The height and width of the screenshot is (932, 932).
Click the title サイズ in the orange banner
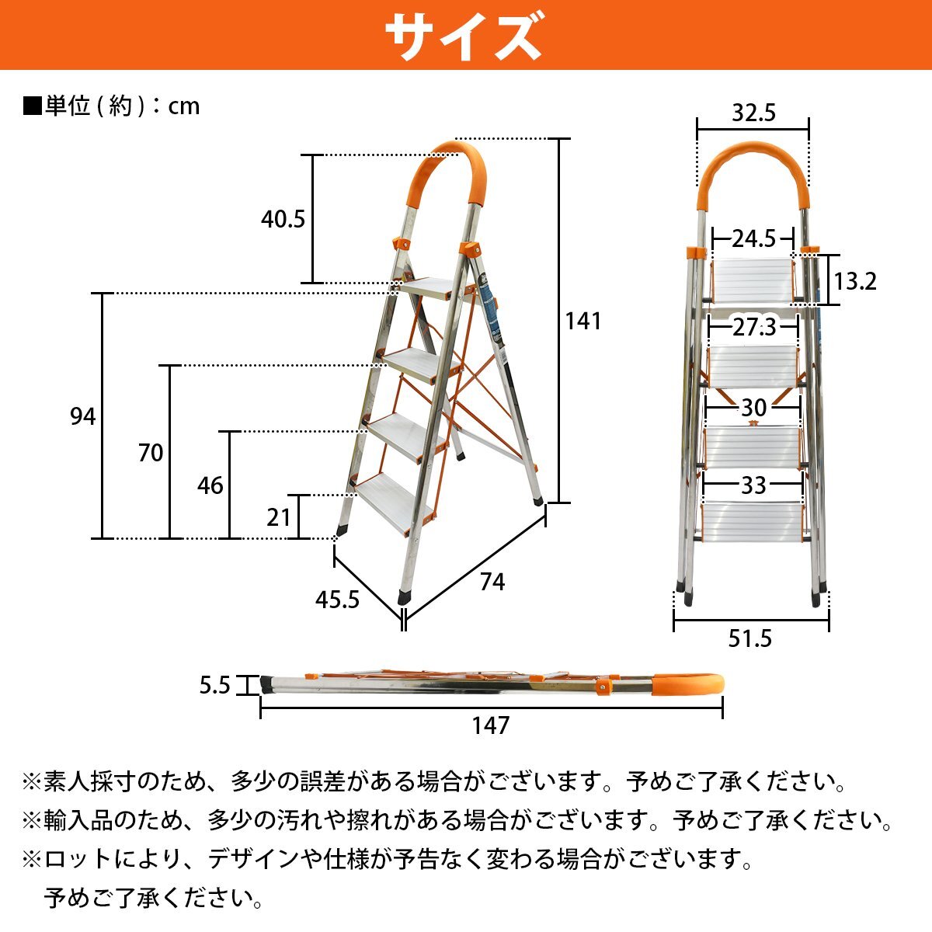(x=464, y=35)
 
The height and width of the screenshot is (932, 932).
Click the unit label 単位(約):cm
(x=113, y=106)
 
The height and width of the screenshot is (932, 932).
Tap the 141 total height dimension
(x=582, y=321)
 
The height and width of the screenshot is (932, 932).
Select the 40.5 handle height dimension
(x=283, y=220)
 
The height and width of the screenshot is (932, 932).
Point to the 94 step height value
(x=83, y=417)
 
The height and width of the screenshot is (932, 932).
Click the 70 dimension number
(x=151, y=453)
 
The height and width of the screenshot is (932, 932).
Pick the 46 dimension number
(x=210, y=486)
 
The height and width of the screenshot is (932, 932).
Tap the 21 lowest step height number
(x=278, y=517)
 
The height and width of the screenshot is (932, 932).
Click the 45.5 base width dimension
(x=338, y=600)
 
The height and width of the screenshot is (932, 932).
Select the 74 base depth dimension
(x=492, y=582)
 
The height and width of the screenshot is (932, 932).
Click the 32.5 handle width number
(x=753, y=114)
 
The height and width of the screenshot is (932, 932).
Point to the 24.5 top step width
(x=753, y=238)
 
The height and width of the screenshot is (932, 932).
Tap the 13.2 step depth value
(x=855, y=281)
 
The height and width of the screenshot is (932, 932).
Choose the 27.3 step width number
(x=754, y=328)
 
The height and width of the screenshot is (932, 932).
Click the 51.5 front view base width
(x=750, y=638)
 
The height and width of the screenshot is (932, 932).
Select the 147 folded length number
(x=491, y=725)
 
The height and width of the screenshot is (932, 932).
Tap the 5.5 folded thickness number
(x=215, y=686)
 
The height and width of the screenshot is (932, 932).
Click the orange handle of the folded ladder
(x=687, y=685)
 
